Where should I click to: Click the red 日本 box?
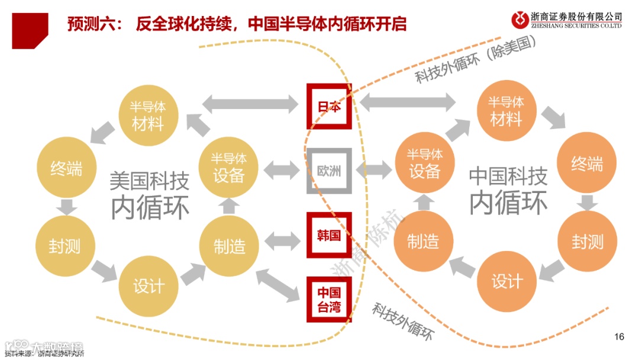click(329, 107)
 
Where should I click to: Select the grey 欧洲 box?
click(329, 171)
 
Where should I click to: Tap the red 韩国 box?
click(329, 235)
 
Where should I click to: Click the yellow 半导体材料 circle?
click(147, 115)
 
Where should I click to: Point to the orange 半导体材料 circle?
click(506, 110)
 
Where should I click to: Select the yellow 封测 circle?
click(65, 245)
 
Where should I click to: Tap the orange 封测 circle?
click(587, 241)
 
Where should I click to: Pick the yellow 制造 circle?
click(229, 245)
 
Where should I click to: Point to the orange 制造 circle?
click(423, 241)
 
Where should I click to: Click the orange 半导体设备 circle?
click(424, 163)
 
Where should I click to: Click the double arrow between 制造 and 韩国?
click(283, 240)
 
